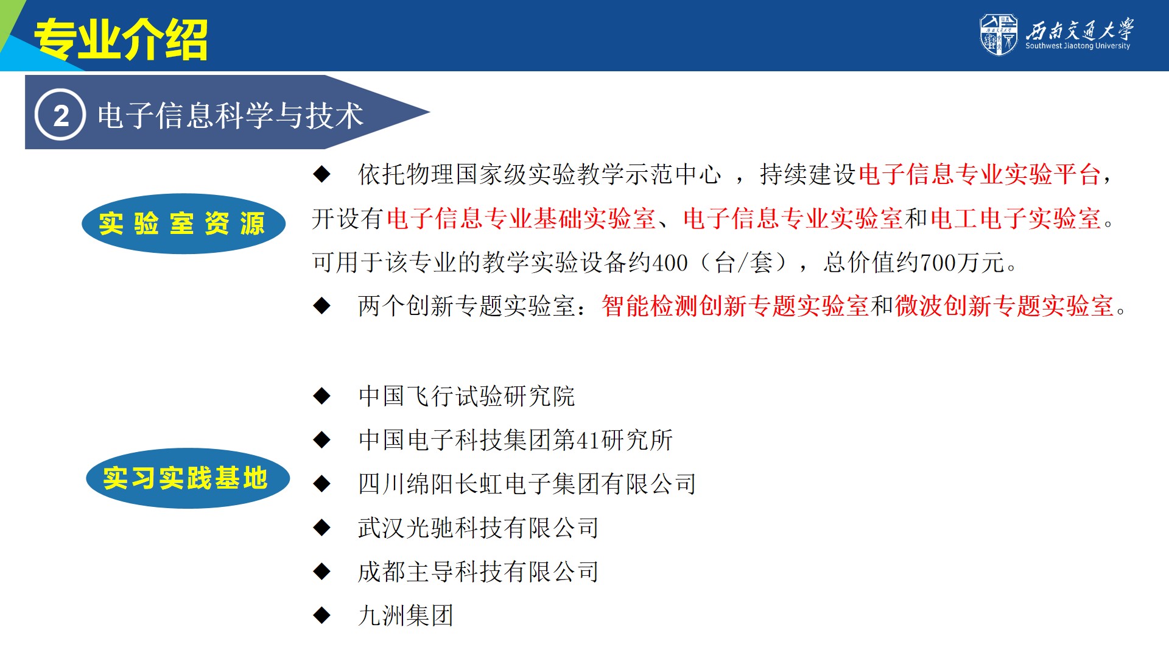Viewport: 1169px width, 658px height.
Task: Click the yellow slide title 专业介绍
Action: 121,40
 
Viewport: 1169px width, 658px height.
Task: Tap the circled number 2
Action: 60,115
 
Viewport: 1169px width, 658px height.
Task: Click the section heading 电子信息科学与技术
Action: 230,115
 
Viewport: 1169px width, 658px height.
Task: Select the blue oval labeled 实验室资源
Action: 183,224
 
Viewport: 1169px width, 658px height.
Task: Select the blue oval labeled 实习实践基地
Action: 188,478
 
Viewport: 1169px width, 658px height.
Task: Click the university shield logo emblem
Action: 998,35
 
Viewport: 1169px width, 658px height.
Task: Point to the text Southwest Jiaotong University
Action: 1078,46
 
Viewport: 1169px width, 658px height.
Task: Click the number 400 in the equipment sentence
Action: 670,263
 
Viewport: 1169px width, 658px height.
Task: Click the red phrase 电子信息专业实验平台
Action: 980,175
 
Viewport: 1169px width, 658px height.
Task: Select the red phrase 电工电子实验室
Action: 1016,219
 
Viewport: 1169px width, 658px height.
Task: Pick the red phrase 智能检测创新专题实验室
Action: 735,306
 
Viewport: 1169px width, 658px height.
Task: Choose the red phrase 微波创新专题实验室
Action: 1004,306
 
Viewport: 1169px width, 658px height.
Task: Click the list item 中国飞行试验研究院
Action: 467,396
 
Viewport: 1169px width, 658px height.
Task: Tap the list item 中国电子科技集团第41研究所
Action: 516,440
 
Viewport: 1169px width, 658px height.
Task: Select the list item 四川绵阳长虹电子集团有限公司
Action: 527,484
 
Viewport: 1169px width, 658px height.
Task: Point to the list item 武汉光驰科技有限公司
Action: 479,528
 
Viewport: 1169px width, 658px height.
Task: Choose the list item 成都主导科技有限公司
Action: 479,571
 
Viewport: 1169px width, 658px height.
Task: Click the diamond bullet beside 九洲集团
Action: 321,615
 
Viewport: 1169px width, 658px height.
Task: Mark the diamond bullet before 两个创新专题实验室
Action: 321,306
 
